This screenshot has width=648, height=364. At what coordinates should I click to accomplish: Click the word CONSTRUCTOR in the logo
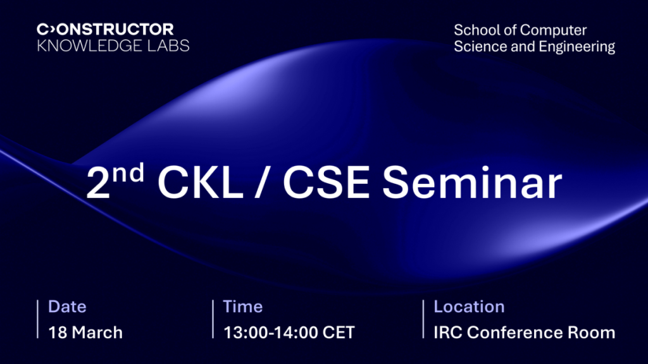pos(105,29)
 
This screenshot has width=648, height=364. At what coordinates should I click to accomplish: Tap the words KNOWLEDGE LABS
pos(113,45)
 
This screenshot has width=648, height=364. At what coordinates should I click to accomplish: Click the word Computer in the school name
pos(554,30)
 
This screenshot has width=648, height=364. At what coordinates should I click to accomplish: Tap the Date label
pos(67,307)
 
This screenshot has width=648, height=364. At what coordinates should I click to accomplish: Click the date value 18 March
pos(85,332)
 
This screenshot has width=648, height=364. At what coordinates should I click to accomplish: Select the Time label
pos(242,307)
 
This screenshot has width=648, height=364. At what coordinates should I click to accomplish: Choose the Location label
pos(469,307)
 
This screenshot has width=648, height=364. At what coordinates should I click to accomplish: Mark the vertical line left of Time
pos(213,320)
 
